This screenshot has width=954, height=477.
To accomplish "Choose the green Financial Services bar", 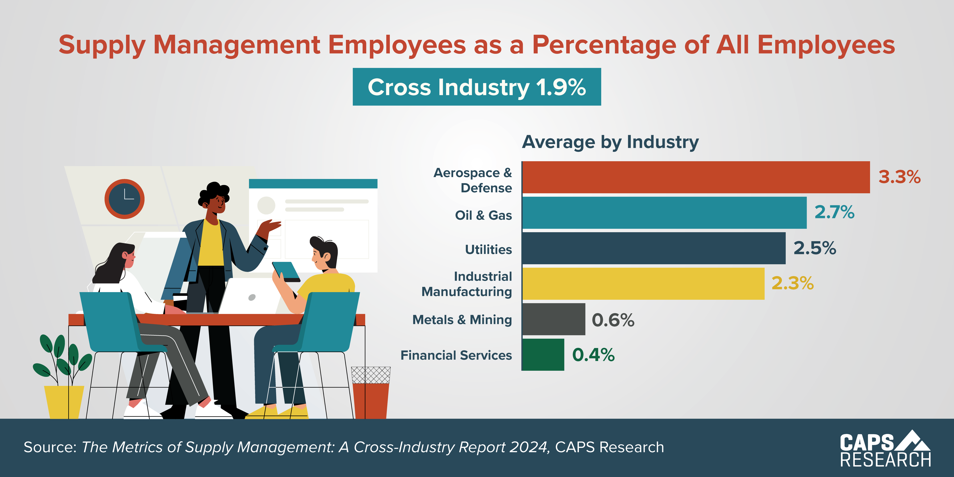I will tap(543, 355).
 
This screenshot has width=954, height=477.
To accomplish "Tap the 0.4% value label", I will tap(593, 355).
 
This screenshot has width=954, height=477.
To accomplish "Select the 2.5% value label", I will tap(815, 248).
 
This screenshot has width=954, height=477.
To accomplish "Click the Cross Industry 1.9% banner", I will tap(477, 87).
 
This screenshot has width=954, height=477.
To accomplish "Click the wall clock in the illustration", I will tap(124, 199).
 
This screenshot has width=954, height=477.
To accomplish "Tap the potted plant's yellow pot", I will tap(64, 402).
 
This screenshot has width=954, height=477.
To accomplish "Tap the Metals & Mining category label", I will tap(462, 320).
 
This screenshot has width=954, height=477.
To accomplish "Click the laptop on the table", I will tap(250, 296).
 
